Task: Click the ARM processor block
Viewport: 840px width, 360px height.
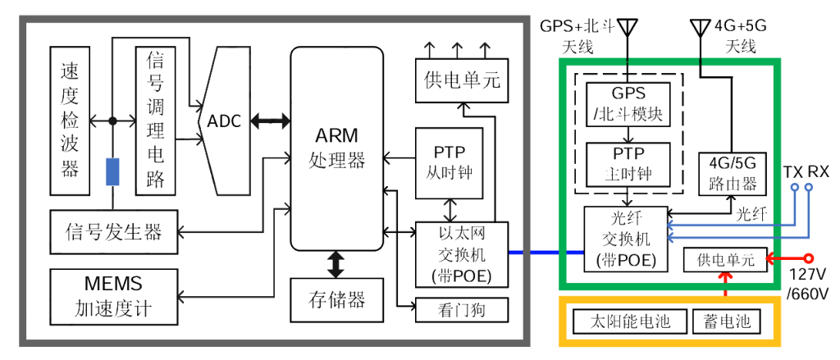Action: click(336, 148)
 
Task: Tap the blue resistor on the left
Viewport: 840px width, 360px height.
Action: click(113, 171)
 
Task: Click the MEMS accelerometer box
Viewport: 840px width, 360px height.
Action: click(113, 296)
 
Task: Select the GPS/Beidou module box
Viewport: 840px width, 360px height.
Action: click(628, 103)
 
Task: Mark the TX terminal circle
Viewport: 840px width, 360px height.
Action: click(794, 188)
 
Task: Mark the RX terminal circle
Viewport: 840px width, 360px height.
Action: click(810, 188)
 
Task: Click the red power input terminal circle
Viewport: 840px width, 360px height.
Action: click(808, 259)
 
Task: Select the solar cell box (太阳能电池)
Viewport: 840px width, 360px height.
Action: click(629, 321)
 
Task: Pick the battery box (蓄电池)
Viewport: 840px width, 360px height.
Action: click(726, 321)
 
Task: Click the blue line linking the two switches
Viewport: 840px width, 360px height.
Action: click(535, 252)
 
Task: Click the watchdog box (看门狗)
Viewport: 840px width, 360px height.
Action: click(461, 310)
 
